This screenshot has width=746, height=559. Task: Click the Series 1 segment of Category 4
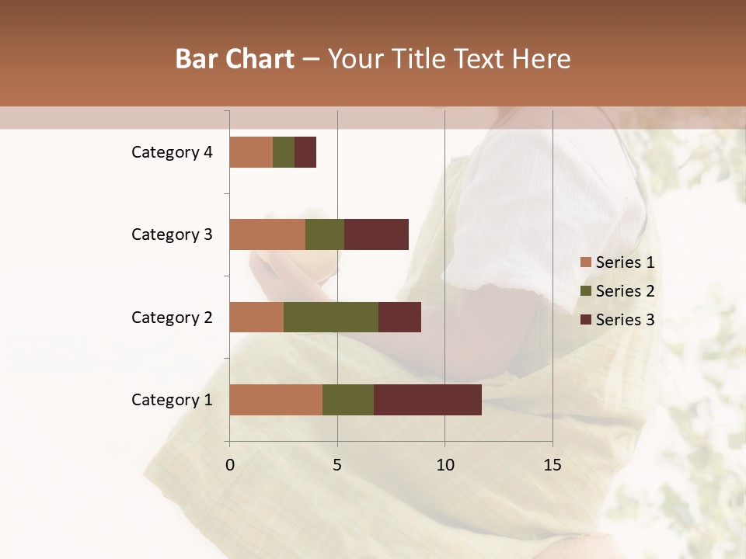pyautogui.click(x=251, y=152)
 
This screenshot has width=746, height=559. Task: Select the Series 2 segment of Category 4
pyautogui.click(x=284, y=152)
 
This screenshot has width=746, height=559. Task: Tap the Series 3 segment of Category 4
pyautogui.click(x=305, y=152)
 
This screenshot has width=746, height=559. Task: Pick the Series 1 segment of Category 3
pyautogui.click(x=267, y=234)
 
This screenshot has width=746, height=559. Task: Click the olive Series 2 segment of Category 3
pyautogui.click(x=325, y=234)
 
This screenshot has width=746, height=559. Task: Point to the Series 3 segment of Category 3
pyautogui.click(x=376, y=234)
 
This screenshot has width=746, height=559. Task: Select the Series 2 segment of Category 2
pyautogui.click(x=331, y=317)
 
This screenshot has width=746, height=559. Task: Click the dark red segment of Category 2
pyautogui.click(x=399, y=317)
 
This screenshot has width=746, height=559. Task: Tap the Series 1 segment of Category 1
pyautogui.click(x=276, y=400)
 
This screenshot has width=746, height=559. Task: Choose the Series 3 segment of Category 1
pyautogui.click(x=427, y=400)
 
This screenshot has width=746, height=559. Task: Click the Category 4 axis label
pyautogui.click(x=172, y=152)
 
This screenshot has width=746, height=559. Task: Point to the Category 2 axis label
pyautogui.click(x=172, y=317)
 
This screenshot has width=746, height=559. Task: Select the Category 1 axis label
pyautogui.click(x=172, y=400)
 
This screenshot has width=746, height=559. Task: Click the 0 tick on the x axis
pyautogui.click(x=230, y=465)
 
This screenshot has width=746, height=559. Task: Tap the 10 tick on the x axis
pyautogui.click(x=444, y=465)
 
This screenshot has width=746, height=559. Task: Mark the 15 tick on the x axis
pyautogui.click(x=552, y=465)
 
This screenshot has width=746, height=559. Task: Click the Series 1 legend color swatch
pyautogui.click(x=586, y=262)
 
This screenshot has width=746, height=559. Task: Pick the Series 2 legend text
pyautogui.click(x=625, y=291)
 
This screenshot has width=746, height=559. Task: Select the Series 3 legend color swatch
pyautogui.click(x=586, y=320)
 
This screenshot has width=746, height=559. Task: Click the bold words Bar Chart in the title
pyautogui.click(x=235, y=59)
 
